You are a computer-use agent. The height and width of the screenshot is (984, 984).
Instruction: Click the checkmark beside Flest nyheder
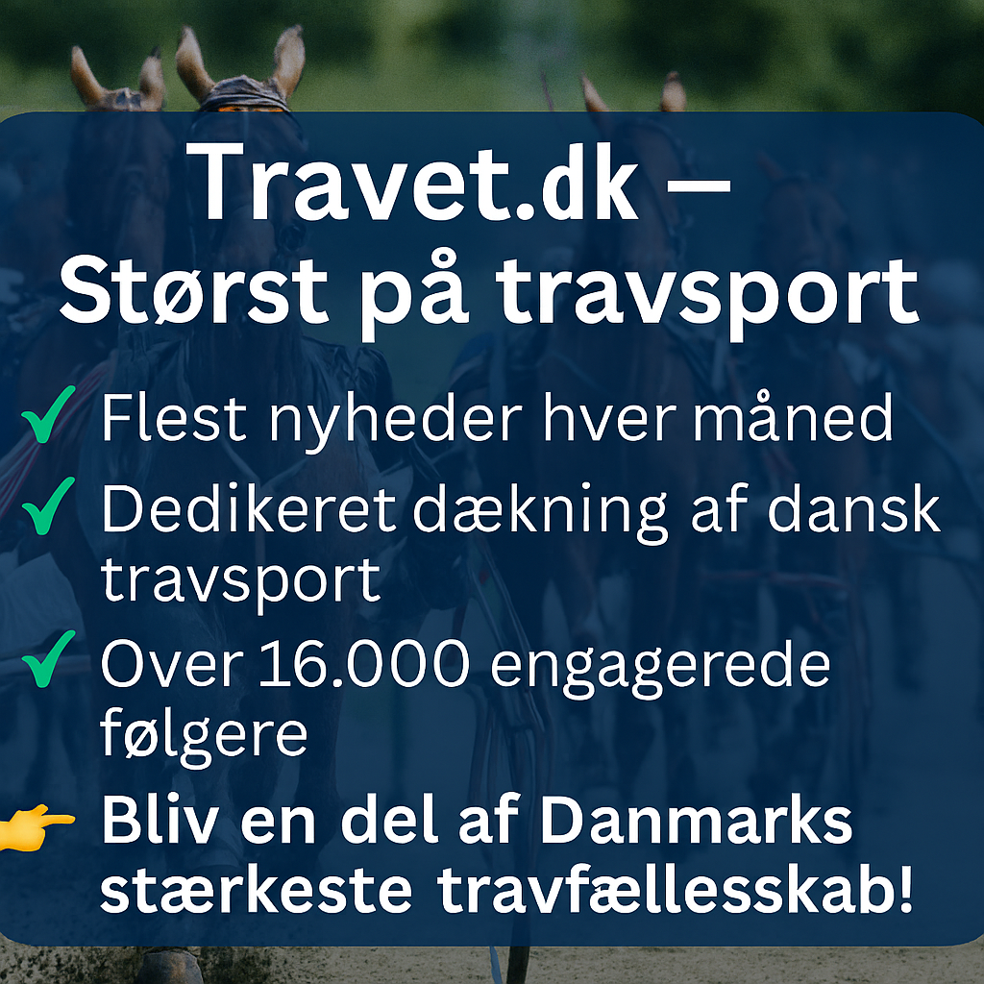[46, 420]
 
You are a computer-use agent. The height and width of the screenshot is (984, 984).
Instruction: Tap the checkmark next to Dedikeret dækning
[46, 510]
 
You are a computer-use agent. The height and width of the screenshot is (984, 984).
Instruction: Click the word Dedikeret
[248, 510]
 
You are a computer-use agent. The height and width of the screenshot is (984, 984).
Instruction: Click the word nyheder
[375, 420]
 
